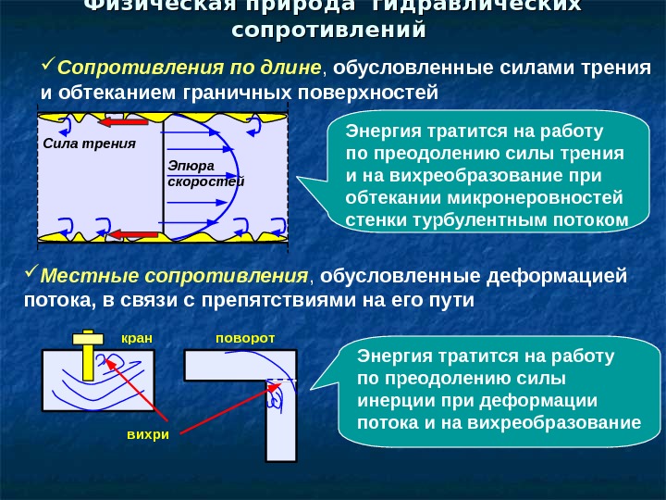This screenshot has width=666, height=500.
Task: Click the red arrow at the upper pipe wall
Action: (x=124, y=122)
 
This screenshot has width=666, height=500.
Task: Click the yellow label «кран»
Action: (x=136, y=339)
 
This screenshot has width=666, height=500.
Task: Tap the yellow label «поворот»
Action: (x=245, y=339)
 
